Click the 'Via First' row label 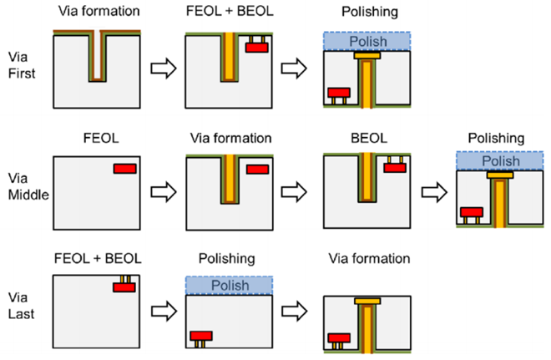coord(22,65)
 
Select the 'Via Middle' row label coord(28,186)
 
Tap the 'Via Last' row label coord(22,306)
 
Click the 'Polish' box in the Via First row coord(366,42)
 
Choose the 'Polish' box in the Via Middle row coord(500,161)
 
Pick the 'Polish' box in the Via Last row coord(229,285)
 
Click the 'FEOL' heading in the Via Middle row coord(101,138)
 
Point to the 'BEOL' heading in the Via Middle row coord(369,138)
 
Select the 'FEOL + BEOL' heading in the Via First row coord(230,11)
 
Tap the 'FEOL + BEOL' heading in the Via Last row coord(98,259)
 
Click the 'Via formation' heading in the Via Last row coord(369,259)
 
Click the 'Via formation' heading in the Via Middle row coord(231,138)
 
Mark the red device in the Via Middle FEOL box coord(124,169)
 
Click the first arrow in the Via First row coord(164,68)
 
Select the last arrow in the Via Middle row coord(434,192)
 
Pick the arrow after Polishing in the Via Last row coord(295,311)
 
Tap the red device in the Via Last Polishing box coord(201,336)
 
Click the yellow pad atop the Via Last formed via coord(367,302)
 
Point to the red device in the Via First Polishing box coord(339,93)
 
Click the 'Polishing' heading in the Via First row coord(370,12)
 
